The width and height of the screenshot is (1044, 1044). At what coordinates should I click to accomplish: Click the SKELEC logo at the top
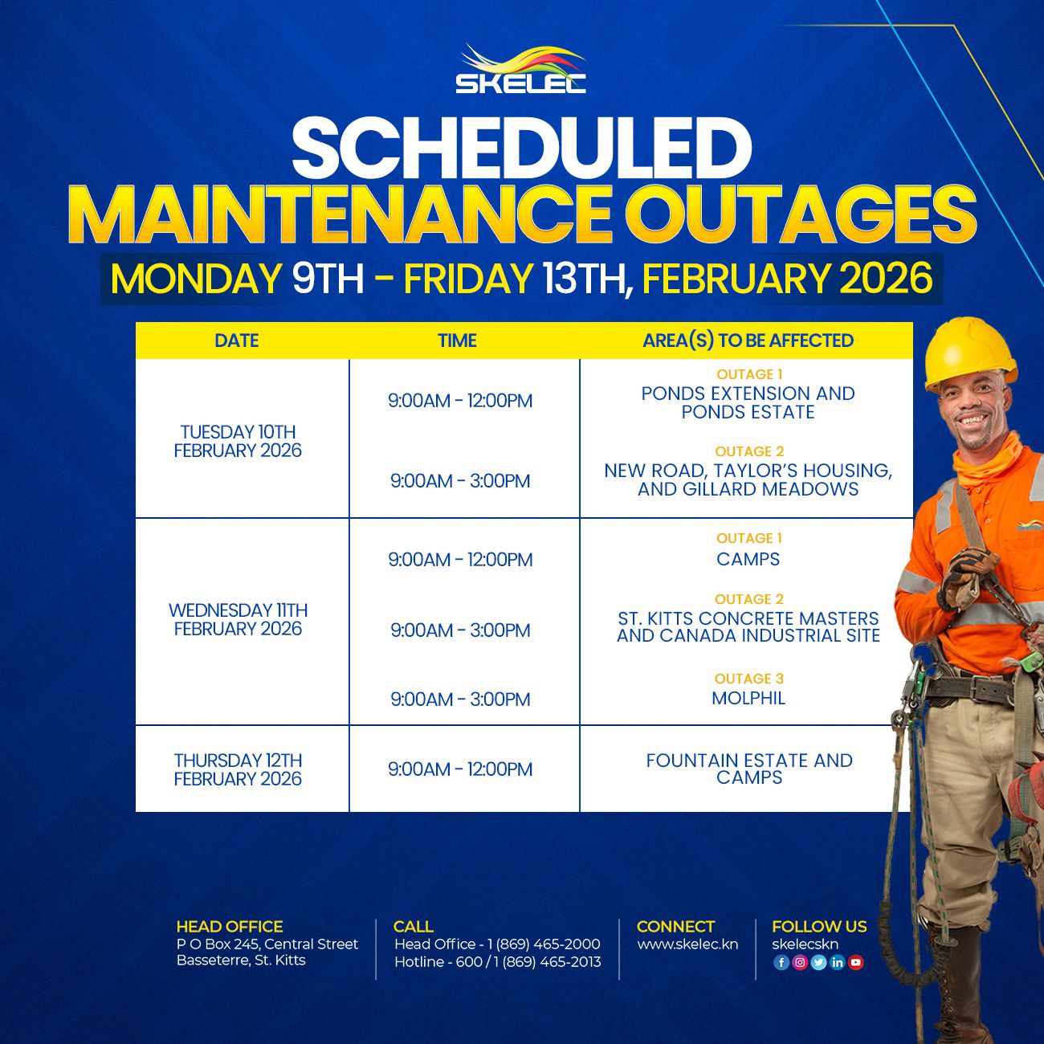(520, 69)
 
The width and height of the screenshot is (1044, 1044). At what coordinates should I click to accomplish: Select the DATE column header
(237, 341)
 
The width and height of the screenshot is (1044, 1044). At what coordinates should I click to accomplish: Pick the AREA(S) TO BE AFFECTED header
(748, 341)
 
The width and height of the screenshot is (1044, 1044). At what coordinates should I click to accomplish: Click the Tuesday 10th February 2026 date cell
(238, 441)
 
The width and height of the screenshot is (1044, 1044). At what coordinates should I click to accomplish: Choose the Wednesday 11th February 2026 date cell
(238, 619)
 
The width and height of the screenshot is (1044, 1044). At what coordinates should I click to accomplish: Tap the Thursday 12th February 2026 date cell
(238, 769)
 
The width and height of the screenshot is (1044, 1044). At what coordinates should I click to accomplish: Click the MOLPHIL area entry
(748, 699)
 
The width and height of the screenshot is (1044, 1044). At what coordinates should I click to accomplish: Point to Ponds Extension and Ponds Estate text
(748, 402)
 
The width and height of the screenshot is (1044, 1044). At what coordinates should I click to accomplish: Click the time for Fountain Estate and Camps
(460, 769)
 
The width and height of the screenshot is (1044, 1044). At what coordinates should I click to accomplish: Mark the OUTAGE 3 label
(748, 679)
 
